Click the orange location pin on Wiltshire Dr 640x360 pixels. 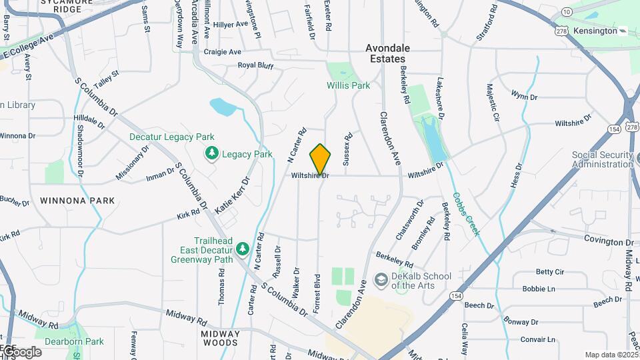pos(320,159)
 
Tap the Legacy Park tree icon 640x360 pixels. pos(212,154)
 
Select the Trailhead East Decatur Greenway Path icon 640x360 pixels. pos(243,249)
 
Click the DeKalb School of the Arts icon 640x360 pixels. pos(381,280)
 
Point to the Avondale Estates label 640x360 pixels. pos(387,53)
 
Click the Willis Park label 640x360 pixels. pos(348,85)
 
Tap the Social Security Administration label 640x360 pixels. pos(602,159)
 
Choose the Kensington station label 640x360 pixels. pos(593,31)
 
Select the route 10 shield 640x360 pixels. pos(566,12)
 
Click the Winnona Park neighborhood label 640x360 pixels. pos(77,200)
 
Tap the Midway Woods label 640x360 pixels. pos(220,338)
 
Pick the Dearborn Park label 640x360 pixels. pos(79,341)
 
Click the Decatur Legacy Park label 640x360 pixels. pos(163,137)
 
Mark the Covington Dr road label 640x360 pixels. pos(609,240)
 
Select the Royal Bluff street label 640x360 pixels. pos(256,65)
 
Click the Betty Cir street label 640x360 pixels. pos(550,272)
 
